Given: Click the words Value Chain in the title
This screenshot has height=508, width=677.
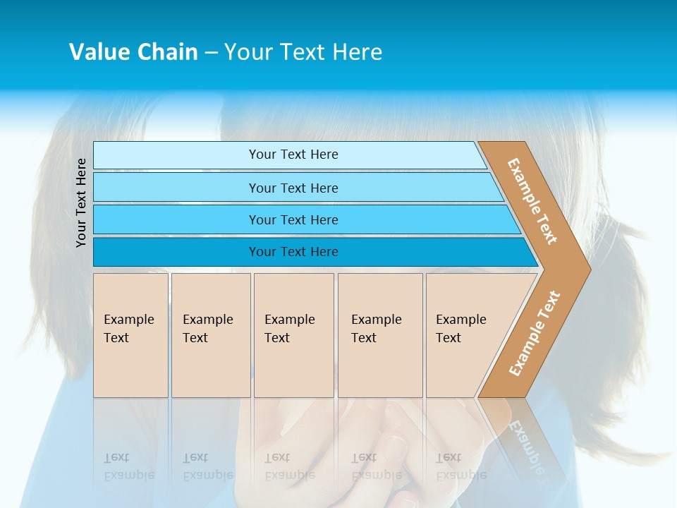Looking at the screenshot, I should [133, 52].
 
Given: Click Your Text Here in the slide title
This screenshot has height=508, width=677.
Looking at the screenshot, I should [303, 52].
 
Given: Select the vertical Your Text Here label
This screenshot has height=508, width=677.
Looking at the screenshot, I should [82, 202].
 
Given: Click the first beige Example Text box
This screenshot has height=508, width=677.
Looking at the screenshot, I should [130, 335].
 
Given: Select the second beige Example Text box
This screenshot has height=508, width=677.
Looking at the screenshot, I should [211, 335].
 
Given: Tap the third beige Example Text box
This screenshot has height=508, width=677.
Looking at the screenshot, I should [293, 335].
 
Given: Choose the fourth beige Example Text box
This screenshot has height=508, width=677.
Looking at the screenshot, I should [380, 335].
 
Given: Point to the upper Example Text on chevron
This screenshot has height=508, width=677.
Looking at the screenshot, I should [532, 201].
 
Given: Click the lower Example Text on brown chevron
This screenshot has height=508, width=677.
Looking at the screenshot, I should [535, 334].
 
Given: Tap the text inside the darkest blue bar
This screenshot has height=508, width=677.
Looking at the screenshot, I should [293, 252].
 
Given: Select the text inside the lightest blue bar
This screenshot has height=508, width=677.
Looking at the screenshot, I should [293, 155].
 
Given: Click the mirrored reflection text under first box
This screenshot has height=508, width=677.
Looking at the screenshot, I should [128, 466].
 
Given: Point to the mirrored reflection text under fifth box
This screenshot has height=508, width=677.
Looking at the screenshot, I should [461, 466].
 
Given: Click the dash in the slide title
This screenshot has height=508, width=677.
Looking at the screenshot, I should [211, 53].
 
